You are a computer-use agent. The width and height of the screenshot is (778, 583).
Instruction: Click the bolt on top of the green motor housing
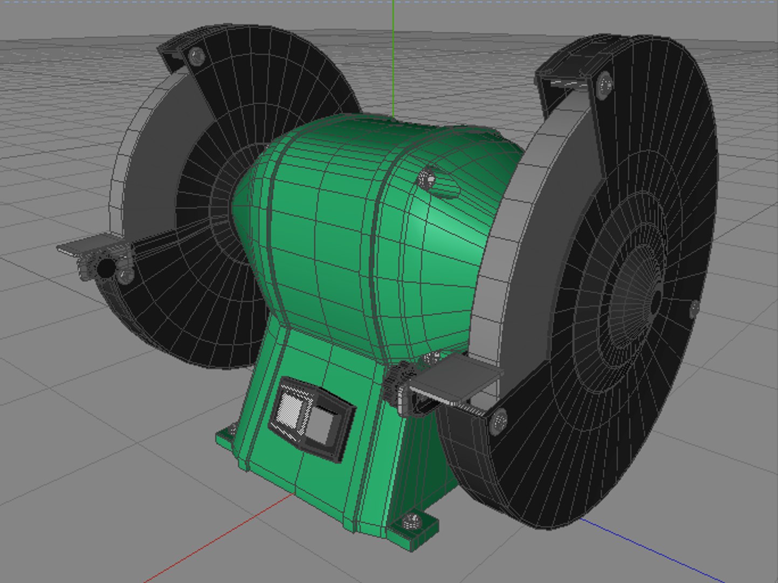point(426,178)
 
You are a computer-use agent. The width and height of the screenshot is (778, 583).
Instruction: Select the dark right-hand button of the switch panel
point(323,426)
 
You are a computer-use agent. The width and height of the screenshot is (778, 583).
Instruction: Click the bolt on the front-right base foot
point(412,521)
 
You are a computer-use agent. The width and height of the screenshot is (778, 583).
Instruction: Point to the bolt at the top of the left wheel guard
point(196,56)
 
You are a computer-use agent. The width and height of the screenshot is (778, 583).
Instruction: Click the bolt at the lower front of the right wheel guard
point(500,420)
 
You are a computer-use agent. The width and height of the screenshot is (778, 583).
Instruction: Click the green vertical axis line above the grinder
point(393,54)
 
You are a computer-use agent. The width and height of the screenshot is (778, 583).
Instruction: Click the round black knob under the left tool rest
point(106,267)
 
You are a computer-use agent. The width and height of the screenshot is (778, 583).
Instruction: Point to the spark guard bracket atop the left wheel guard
point(173,54)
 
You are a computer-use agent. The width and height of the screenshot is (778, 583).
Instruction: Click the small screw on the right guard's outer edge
point(694,308)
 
